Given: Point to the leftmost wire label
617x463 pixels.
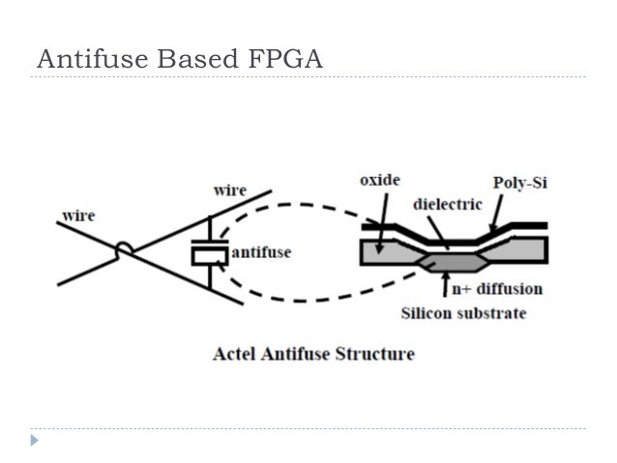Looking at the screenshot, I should (x=78, y=215).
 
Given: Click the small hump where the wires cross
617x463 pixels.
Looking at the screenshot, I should (x=124, y=250).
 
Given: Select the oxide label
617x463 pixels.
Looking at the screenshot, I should (x=378, y=181).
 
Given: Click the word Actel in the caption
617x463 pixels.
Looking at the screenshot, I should (x=234, y=353).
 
